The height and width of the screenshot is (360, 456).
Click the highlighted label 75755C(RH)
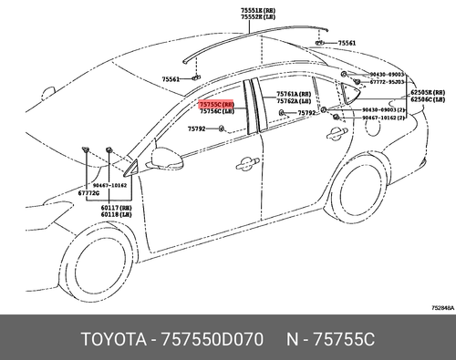[x=217, y=106]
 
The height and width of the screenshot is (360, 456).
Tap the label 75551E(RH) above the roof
[x=261, y=11]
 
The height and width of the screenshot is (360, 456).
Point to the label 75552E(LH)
[x=261, y=18]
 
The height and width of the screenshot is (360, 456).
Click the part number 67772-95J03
[x=387, y=81]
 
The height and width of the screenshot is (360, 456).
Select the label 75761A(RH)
[x=295, y=94]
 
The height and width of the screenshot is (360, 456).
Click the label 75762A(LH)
[x=295, y=101]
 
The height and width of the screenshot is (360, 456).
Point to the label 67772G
[x=88, y=193]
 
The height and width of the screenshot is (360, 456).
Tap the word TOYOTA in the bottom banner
[x=109, y=339]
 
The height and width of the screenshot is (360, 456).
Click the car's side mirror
[x=167, y=156]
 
